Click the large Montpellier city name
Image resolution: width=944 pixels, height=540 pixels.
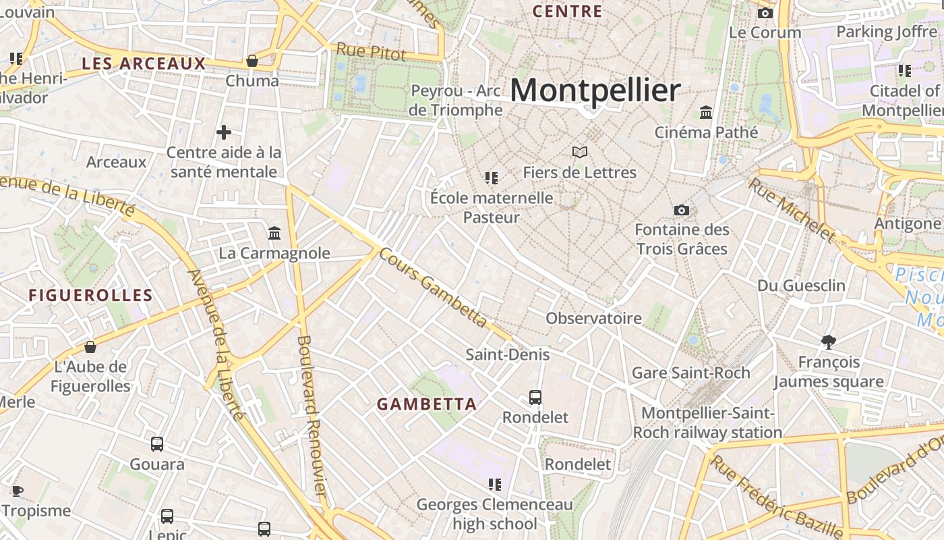[595, 90]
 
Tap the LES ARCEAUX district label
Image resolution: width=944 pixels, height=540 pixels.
[143, 64]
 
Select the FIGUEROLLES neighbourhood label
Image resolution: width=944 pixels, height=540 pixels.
[91, 295]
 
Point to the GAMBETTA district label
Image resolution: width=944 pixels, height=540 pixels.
[427, 404]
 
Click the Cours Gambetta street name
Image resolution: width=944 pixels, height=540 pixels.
[432, 288]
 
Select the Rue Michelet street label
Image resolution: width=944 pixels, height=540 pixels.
[792, 209]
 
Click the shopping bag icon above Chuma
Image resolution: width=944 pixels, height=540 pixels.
[252, 61]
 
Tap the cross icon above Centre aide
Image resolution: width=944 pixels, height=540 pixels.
[224, 132]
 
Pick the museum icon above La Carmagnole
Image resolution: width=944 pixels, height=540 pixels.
[274, 234]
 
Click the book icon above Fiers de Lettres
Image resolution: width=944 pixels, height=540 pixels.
[580, 152]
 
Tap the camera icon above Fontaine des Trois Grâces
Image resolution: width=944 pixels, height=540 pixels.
[682, 210]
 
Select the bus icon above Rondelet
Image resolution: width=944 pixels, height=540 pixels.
[535, 398]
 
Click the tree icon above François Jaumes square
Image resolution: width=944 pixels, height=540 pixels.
[829, 342]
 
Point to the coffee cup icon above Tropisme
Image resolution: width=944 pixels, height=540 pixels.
[18, 491]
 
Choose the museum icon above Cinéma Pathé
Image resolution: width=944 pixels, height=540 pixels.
[706, 112]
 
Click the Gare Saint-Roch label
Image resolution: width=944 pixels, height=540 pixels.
[690, 373]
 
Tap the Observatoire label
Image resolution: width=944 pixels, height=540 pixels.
[593, 318]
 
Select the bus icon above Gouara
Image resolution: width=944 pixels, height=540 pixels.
[157, 444]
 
